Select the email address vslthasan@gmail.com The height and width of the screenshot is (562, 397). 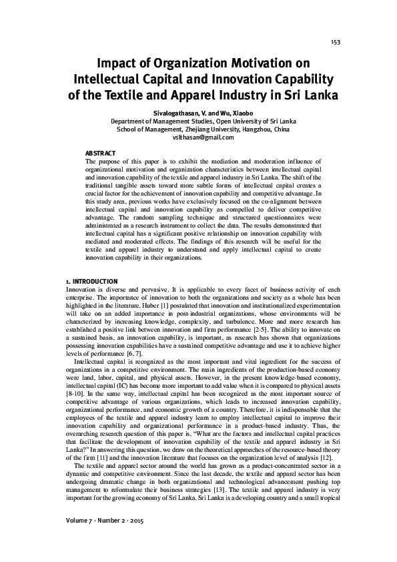point(199,137)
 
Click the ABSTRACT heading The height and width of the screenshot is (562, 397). point(101,153)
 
